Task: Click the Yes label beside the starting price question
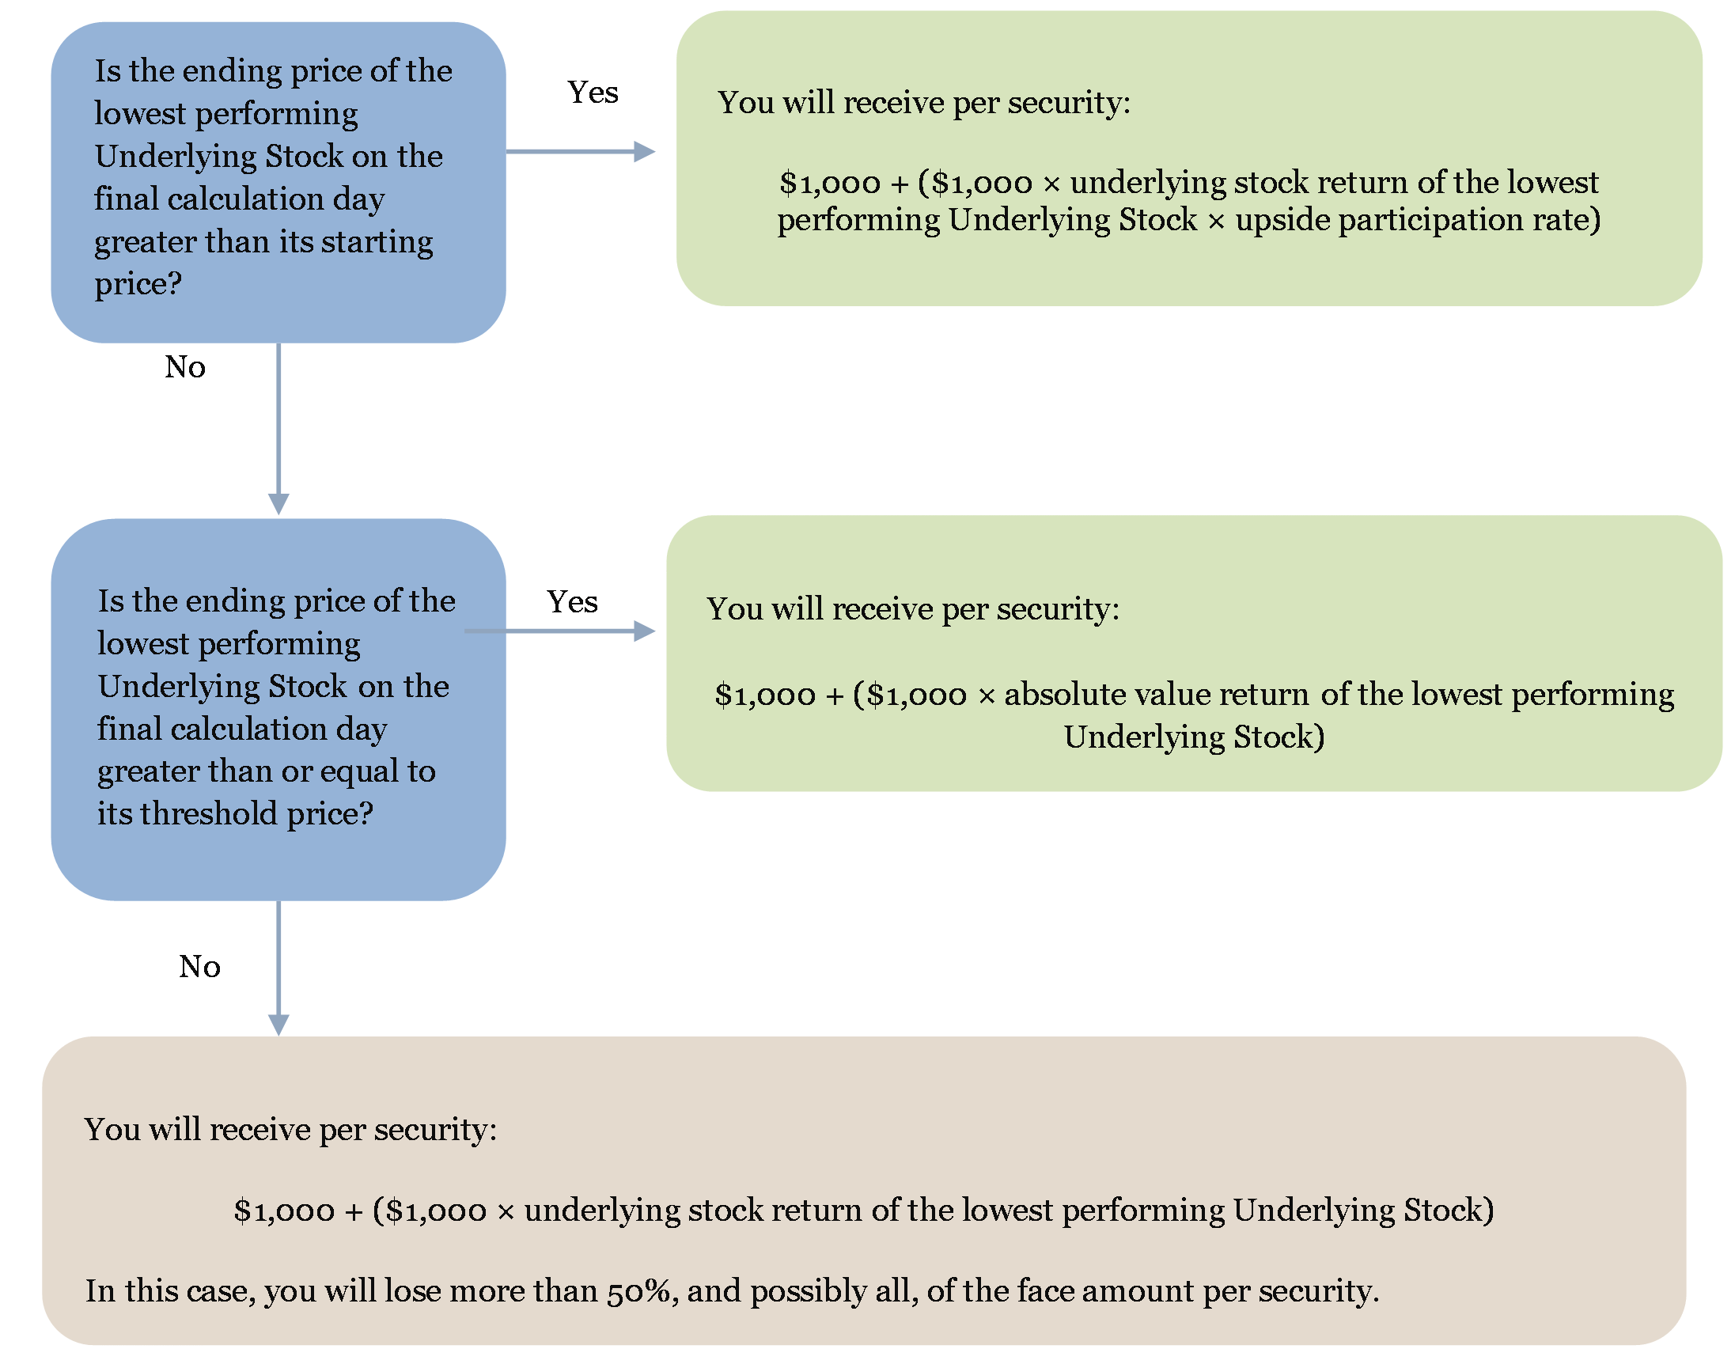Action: click(x=593, y=92)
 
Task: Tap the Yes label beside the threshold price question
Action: click(x=572, y=601)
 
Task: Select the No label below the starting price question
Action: click(x=185, y=366)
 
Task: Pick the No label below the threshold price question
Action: click(x=199, y=966)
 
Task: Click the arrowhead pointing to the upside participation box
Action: click(x=644, y=151)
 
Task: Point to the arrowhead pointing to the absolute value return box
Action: click(x=644, y=631)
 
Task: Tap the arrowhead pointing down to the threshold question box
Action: click(x=278, y=504)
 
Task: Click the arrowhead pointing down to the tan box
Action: click(x=278, y=1025)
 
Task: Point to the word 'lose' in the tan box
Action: click(x=412, y=1290)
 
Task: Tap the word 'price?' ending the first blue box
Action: click(x=138, y=284)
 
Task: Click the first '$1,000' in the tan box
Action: click(x=284, y=1211)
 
